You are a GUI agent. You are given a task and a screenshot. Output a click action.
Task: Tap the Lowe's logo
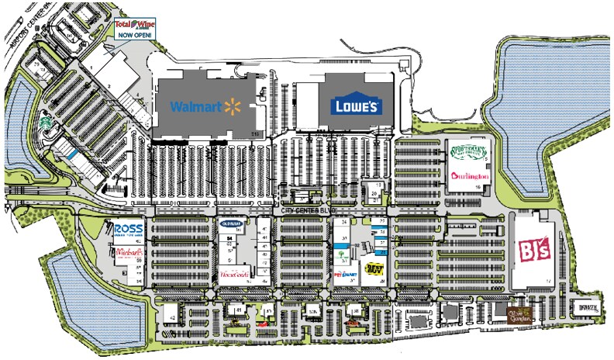click(356, 105)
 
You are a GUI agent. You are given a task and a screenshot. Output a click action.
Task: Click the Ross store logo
click(128, 230)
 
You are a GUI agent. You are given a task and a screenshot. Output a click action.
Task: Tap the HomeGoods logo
click(234, 274)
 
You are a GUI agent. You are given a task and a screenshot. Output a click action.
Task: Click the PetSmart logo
click(344, 273)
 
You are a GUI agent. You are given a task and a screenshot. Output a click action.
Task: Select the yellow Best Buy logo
click(375, 268)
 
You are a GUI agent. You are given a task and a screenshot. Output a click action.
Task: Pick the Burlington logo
click(469, 175)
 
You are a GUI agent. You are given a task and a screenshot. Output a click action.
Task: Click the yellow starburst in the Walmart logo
click(229, 105)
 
